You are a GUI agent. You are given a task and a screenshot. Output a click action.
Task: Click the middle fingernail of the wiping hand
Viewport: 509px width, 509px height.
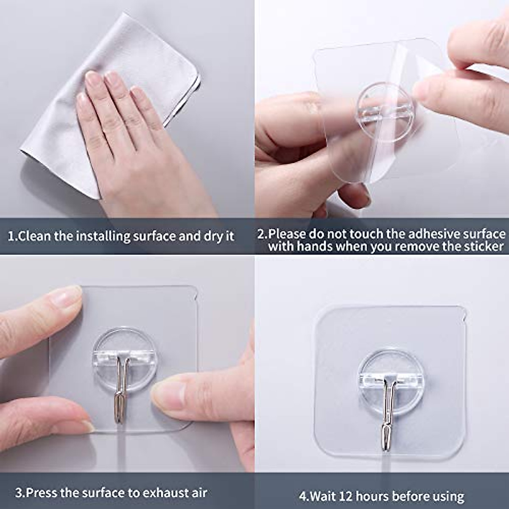[113, 78]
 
